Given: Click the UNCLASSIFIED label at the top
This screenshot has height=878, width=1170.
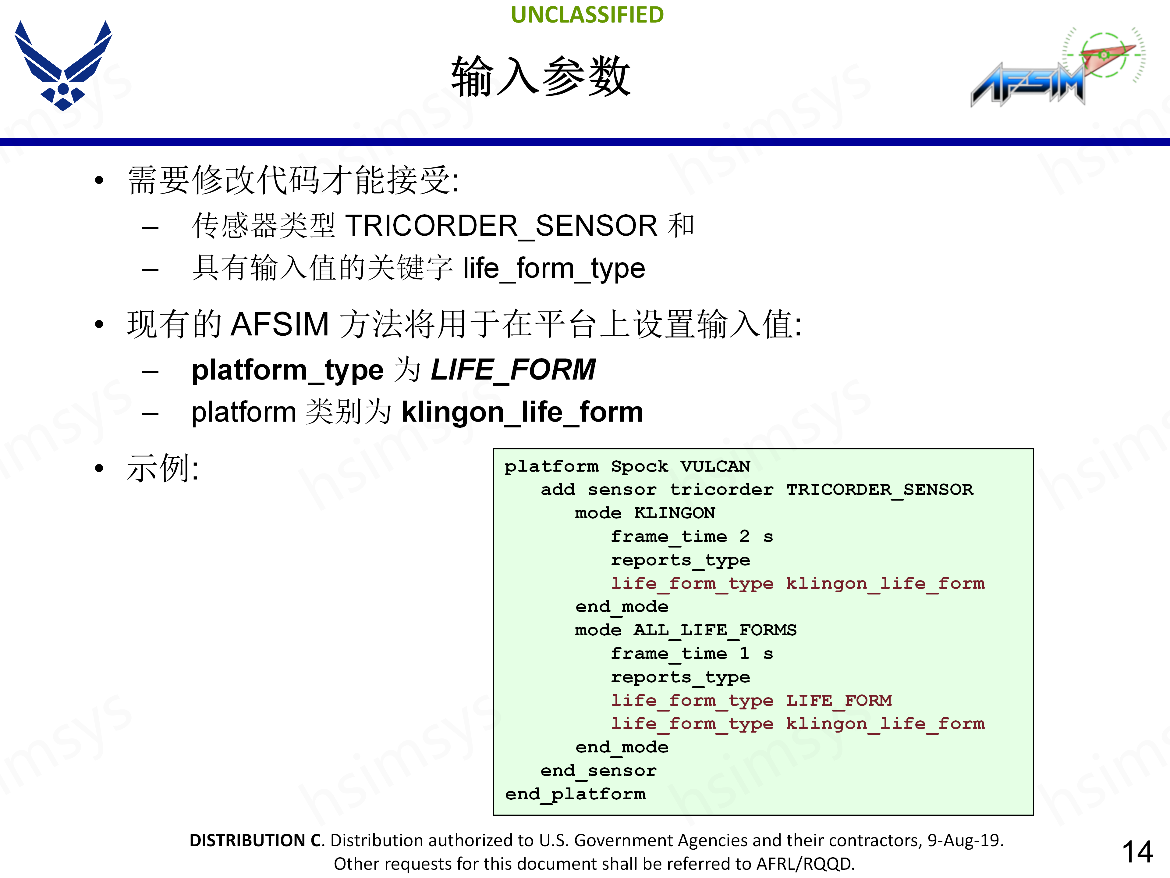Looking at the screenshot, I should click(587, 15).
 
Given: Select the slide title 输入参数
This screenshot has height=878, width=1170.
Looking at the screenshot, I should click(541, 77).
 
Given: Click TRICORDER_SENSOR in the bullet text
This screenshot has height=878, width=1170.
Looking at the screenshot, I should click(501, 226).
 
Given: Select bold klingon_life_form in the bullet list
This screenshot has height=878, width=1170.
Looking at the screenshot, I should click(522, 412).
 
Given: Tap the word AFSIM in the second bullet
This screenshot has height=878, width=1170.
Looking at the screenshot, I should click(280, 324).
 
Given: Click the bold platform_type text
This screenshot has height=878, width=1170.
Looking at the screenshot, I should click(287, 369).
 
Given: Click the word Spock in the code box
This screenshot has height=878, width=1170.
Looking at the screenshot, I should click(639, 466).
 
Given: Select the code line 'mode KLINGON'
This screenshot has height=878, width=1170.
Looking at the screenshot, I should click(645, 513).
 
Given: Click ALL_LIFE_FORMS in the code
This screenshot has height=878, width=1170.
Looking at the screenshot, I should click(714, 630).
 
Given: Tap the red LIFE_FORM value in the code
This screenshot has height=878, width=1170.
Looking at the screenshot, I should click(838, 700).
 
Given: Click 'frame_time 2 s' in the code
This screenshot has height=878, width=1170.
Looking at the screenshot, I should click(691, 536).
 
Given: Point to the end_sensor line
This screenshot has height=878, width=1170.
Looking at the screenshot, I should click(598, 771).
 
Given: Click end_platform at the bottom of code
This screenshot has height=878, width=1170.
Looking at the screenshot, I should click(575, 794).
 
